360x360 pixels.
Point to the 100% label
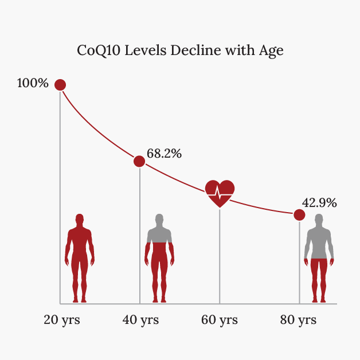click(x=33, y=83)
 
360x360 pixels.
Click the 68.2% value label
click(x=164, y=154)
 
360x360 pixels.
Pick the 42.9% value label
click(x=319, y=202)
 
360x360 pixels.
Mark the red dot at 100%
click(x=60, y=85)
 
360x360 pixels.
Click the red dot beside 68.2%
click(x=139, y=161)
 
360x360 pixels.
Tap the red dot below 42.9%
click(x=299, y=215)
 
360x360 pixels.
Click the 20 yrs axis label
click(x=62, y=320)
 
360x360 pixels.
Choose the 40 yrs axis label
click(x=140, y=320)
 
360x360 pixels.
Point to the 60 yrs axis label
click(x=219, y=320)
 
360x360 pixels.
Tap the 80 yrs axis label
click(x=298, y=320)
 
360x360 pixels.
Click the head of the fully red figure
click(x=80, y=220)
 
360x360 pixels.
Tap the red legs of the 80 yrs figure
click(x=318, y=278)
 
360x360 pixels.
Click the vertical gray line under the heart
click(x=220, y=258)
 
